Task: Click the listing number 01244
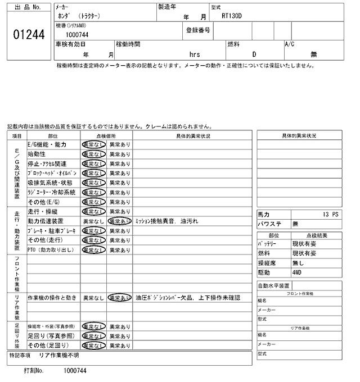tap(28, 35)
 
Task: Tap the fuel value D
tap(254, 54)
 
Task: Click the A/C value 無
tap(314, 54)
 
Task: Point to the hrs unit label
tap(195, 54)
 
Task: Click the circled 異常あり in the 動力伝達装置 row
tap(119, 221)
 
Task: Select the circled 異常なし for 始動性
tap(93, 154)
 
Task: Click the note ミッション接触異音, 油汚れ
tap(166, 221)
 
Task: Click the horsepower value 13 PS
tap(332, 215)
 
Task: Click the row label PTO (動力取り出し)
tap(51, 250)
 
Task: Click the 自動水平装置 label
tap(273, 285)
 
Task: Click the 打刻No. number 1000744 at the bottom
tap(75, 371)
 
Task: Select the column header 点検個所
tap(106, 135)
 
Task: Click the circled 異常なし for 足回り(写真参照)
tap(93, 336)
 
